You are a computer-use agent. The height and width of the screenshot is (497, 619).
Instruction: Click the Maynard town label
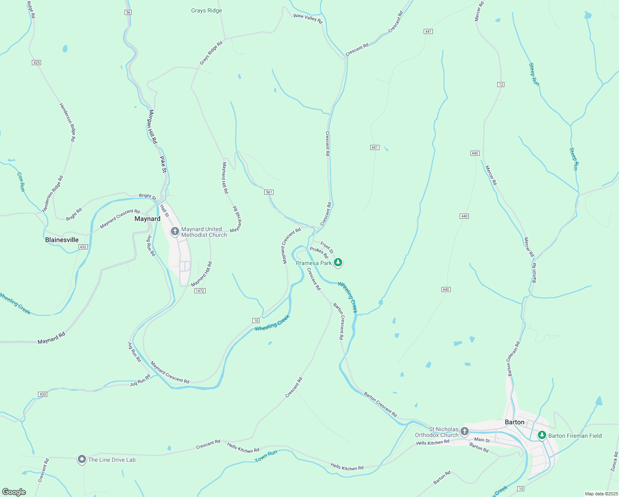[147, 219]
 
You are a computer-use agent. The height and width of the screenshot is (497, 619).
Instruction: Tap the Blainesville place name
[62, 240]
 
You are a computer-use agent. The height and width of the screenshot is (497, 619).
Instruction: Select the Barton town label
[514, 422]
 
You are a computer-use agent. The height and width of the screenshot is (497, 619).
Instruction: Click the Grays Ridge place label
[206, 10]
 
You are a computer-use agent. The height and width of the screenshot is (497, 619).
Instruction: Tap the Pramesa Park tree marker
[338, 263]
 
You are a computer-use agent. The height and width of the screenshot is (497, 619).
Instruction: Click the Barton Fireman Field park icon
[542, 435]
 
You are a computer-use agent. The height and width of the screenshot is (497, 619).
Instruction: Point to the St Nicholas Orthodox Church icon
[465, 432]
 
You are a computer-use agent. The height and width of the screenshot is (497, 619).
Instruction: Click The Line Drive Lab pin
[82, 459]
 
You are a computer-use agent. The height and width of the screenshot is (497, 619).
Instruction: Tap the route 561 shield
[269, 192]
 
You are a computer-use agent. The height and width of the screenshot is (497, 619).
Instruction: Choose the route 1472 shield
[200, 291]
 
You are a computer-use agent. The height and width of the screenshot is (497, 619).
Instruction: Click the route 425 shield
[36, 63]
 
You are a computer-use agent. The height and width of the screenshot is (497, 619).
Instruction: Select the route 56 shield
[128, 12]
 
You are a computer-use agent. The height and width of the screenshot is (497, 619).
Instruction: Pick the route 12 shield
[501, 84]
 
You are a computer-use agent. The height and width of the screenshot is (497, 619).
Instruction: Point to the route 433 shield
[43, 394]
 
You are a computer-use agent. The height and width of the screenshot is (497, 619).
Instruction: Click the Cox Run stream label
[21, 182]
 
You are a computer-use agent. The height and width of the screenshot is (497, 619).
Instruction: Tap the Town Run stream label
[266, 456]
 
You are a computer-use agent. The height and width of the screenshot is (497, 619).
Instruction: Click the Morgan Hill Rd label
[153, 127]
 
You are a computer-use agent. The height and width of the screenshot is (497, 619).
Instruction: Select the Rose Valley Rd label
[307, 18]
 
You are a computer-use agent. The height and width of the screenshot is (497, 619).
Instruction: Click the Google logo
[14, 492]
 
